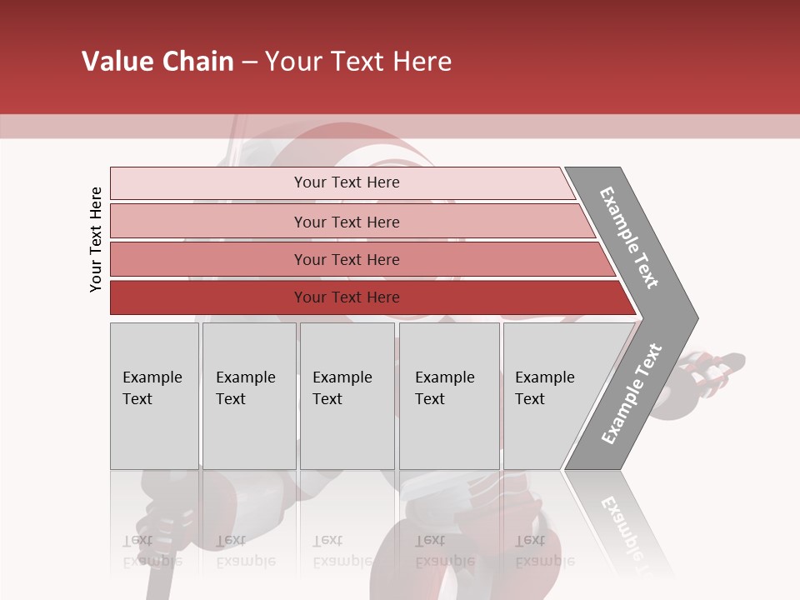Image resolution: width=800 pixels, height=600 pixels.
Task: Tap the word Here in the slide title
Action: tap(422, 62)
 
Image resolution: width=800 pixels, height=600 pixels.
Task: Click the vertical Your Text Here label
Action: tap(96, 239)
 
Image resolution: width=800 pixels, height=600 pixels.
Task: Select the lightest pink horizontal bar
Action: tap(342, 182)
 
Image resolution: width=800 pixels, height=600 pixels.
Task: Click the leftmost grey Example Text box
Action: tap(154, 396)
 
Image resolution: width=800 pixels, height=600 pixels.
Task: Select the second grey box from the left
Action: tap(249, 396)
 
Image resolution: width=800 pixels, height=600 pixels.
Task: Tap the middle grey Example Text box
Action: tap(347, 396)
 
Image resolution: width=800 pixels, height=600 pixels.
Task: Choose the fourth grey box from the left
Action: tap(449, 396)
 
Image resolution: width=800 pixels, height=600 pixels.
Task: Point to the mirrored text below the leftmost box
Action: tap(152, 551)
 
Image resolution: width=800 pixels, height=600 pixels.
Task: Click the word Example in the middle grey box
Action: tap(342, 377)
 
